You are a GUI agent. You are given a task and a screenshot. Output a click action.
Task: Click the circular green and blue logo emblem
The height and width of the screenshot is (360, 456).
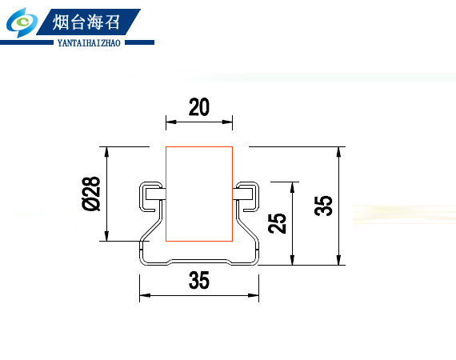pos(22,22)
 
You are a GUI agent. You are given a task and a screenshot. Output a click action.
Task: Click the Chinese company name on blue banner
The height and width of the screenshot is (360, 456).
pos(86,22)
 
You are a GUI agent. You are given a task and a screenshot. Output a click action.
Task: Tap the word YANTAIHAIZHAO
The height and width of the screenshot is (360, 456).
pos(89,43)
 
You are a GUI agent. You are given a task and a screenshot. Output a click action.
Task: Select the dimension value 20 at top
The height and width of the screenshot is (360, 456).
pos(199,107)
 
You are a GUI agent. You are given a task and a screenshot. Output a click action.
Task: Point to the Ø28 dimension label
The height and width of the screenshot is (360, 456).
pos(91,194)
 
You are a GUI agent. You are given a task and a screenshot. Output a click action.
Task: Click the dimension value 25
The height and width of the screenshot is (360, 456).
pos(277,223)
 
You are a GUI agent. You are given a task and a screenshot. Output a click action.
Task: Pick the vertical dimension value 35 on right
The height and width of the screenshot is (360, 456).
pos(323,206)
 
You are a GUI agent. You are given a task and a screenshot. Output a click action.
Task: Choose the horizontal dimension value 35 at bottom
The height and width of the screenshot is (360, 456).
pos(199,280)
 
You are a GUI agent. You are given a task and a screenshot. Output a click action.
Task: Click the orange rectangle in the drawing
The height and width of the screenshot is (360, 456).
pos(199,194)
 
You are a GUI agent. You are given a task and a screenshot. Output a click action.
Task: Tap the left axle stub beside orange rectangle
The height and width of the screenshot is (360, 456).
pos(155,194)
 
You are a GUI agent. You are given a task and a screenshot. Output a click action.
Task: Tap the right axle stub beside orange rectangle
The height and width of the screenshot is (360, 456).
pos(242,194)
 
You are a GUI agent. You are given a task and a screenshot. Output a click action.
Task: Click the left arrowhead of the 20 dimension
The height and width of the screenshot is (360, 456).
pos(171,122)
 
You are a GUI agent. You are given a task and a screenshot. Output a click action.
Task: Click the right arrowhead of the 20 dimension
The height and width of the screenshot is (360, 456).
pos(227,122)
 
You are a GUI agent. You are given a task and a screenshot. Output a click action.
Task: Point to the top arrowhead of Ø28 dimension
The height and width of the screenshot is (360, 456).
pos(106,152)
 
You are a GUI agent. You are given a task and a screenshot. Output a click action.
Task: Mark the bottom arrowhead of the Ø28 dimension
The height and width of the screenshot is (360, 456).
pos(106,236)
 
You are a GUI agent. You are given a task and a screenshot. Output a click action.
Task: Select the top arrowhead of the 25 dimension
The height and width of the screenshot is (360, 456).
pos(292,187)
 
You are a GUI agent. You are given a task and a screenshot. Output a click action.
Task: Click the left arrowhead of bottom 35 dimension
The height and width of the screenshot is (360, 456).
pos(145,295)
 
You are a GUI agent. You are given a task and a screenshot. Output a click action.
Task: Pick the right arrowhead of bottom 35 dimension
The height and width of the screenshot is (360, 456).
pos(254,295)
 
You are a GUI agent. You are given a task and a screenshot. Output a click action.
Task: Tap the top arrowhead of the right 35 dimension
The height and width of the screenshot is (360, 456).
pos(338,152)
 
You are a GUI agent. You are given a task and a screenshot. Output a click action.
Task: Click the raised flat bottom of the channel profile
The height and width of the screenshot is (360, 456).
pos(199,260)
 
